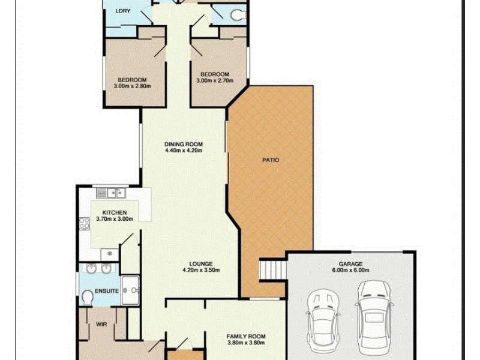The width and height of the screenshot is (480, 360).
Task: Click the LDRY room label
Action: click(x=124, y=11)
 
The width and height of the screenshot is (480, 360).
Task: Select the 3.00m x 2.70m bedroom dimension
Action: click(x=215, y=80)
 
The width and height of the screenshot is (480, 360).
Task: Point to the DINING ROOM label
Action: click(x=184, y=144)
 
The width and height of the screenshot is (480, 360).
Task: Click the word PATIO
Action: click(x=271, y=160)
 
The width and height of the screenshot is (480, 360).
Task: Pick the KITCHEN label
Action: click(x=114, y=213)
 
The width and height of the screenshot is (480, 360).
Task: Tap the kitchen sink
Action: click(x=110, y=193)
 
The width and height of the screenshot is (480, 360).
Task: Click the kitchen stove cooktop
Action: click(x=84, y=223)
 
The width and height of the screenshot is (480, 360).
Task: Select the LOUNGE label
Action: click(x=200, y=263)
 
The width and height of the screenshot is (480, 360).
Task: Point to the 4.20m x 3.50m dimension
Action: click(x=200, y=270)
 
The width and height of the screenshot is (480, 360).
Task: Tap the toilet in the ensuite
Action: click(x=87, y=296)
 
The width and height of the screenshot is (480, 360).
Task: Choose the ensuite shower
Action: click(x=130, y=291)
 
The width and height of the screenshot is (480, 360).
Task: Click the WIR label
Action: click(x=101, y=325)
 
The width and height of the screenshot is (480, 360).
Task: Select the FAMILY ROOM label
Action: click(x=245, y=337)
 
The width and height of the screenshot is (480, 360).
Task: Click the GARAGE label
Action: click(x=351, y=263)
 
